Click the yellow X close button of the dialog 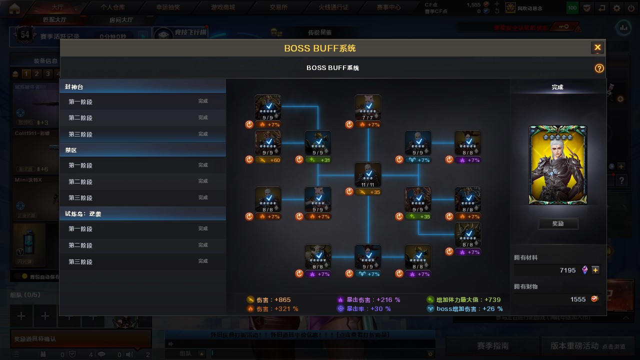[597, 47]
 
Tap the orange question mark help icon [599, 68]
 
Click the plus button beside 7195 [595, 270]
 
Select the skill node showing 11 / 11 [368, 174]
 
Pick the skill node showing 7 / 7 [368, 107]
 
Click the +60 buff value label [268, 160]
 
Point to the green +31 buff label [318, 160]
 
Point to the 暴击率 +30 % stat [364, 309]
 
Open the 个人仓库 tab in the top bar [112, 7]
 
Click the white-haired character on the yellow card [557, 165]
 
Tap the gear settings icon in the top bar [616, 8]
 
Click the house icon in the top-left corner [14, 8]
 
